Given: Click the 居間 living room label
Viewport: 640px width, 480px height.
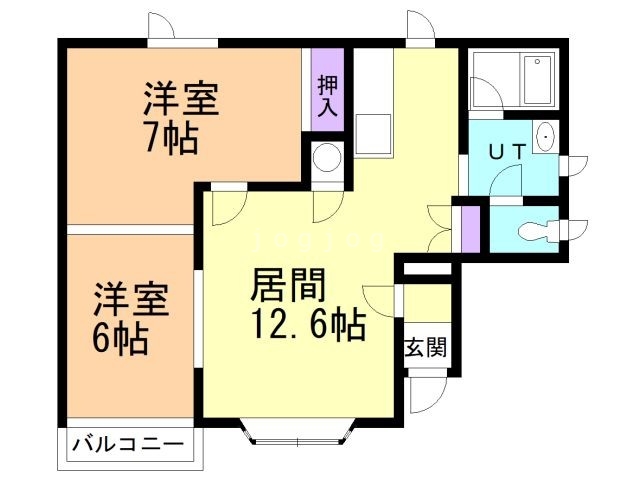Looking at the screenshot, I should [289, 287].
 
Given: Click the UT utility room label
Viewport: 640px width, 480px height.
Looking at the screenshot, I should [508, 151].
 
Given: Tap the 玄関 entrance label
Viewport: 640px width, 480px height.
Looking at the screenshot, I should [425, 349].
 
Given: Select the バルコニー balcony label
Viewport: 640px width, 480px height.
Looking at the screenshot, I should [128, 443].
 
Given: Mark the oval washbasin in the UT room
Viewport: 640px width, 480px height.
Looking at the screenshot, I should [546, 137].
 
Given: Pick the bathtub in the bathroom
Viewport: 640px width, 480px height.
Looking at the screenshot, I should [537, 79].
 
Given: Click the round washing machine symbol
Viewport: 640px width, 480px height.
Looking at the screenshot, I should [327, 159].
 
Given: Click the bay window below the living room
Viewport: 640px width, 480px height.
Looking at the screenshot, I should [298, 433].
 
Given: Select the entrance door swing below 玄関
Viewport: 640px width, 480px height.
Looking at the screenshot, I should [423, 394].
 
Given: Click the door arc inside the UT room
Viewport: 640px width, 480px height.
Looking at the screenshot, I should [509, 181].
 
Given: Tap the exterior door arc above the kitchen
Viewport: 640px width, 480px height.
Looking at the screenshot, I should [420, 27].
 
